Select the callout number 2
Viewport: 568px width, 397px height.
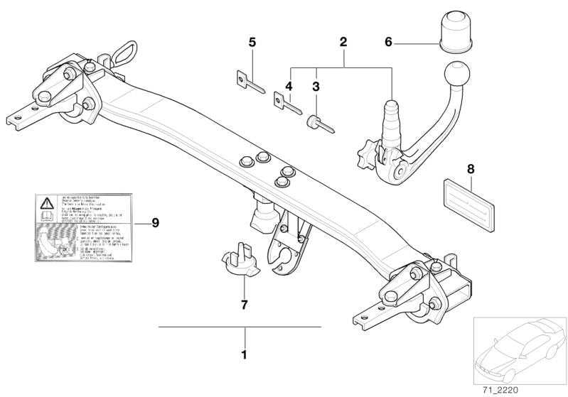[343, 43]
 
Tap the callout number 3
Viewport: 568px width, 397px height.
[315, 87]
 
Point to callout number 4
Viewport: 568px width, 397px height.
[289, 87]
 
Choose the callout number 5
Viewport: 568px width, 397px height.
[252, 43]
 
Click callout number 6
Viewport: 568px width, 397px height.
[388, 43]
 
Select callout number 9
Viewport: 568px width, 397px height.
[155, 222]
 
